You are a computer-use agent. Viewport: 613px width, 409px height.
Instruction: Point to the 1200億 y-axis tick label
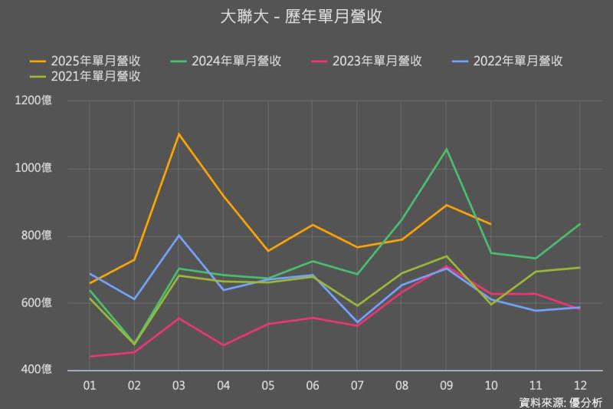pyautogui.click(x=35, y=101)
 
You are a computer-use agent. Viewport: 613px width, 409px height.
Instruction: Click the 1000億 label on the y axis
pyautogui.click(x=35, y=168)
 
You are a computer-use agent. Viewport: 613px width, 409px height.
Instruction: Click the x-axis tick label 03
pyautogui.click(x=179, y=384)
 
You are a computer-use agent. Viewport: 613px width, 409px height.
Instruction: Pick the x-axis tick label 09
pyautogui.click(x=446, y=384)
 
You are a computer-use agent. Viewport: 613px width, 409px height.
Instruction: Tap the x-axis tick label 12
pyautogui.click(x=579, y=384)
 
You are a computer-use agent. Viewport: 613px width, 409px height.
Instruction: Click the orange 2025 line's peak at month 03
pyautogui.click(x=179, y=134)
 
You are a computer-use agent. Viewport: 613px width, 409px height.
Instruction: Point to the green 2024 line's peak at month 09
pyautogui.click(x=446, y=149)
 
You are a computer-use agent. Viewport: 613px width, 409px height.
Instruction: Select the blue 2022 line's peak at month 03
pyautogui.click(x=179, y=235)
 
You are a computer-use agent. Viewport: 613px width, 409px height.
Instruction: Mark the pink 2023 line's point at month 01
pyautogui.click(x=90, y=356)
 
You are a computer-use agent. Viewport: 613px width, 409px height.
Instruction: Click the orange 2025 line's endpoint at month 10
pyautogui.click(x=490, y=223)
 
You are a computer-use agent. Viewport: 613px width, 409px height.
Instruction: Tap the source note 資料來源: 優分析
pyautogui.click(x=560, y=401)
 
